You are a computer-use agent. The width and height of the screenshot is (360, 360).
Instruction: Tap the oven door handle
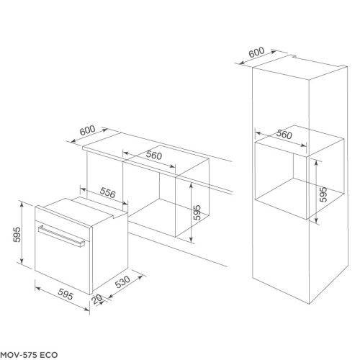pyautogui.click(x=67, y=235)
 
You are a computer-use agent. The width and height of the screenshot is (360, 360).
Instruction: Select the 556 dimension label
pyautogui.click(x=107, y=193)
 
